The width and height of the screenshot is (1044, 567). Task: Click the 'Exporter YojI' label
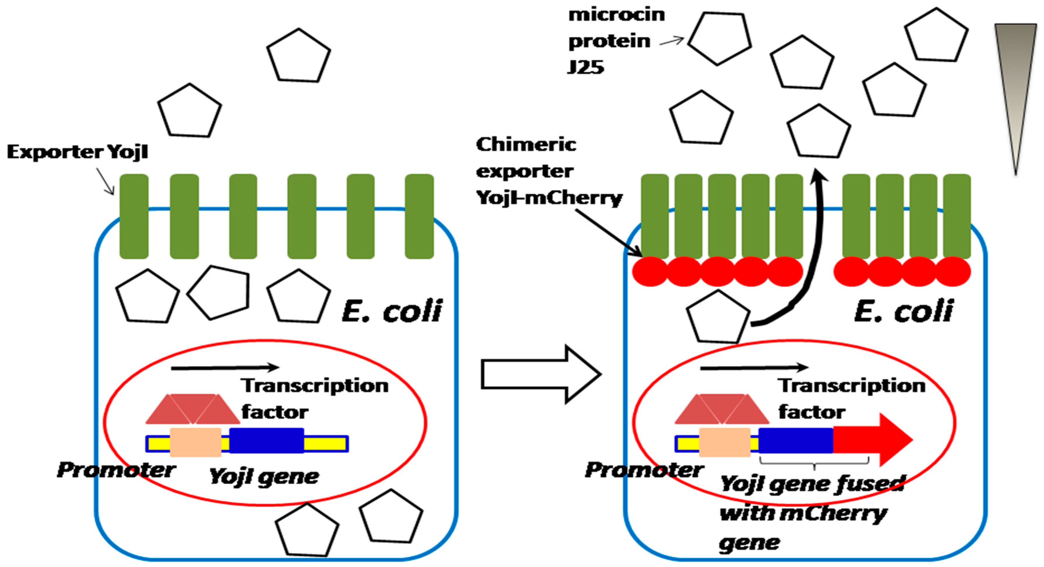tap(77, 152)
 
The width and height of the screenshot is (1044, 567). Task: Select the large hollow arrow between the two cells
tap(541, 374)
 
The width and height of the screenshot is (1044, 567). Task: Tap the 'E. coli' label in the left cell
tap(392, 311)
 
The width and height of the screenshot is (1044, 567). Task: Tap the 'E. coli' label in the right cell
tap(904, 311)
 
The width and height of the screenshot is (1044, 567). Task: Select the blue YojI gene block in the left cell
tap(267, 440)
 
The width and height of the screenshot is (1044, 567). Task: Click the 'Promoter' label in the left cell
tap(116, 470)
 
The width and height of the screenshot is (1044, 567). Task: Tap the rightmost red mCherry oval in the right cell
tap(953, 272)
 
